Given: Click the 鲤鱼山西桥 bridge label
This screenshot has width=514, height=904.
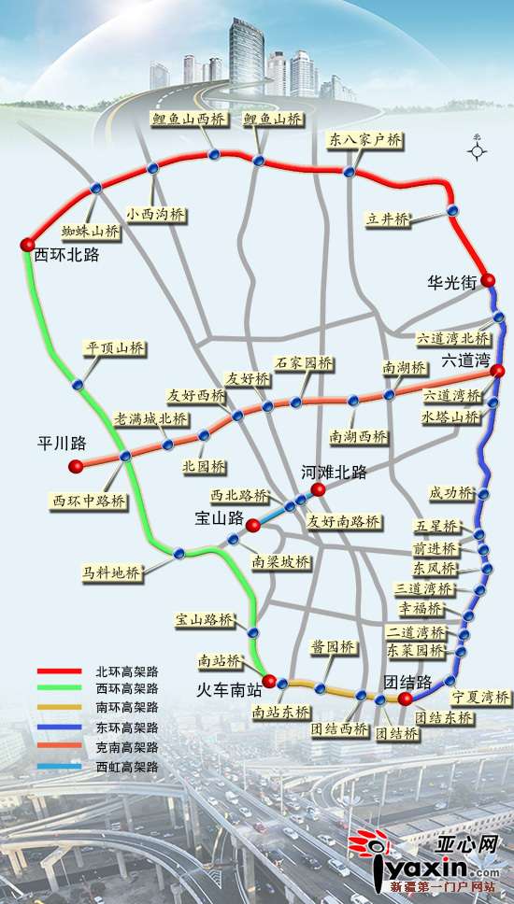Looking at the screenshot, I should [191, 119].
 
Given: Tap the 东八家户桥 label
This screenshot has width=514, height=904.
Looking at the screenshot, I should [365, 140].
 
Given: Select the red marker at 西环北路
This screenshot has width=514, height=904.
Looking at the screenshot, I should [27, 245].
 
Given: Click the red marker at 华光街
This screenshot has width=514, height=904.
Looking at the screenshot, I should [488, 280].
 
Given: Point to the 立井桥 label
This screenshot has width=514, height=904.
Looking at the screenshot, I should [388, 219].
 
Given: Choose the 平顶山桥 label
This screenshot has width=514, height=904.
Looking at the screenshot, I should [116, 348].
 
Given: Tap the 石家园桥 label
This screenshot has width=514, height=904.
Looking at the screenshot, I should [304, 362].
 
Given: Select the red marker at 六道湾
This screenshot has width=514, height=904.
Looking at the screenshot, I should [498, 372].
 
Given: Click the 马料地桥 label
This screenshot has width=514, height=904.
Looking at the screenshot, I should [111, 572].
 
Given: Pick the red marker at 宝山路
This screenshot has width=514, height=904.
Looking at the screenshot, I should [253, 526].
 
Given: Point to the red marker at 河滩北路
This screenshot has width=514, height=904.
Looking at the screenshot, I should [319, 489].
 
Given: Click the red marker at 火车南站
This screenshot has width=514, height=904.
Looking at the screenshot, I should [269, 680].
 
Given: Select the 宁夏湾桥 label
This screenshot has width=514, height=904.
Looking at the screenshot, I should [481, 697].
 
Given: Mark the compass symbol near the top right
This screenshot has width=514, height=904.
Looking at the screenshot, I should [478, 148].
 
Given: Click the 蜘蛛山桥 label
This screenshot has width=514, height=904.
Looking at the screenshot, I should [92, 230].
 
